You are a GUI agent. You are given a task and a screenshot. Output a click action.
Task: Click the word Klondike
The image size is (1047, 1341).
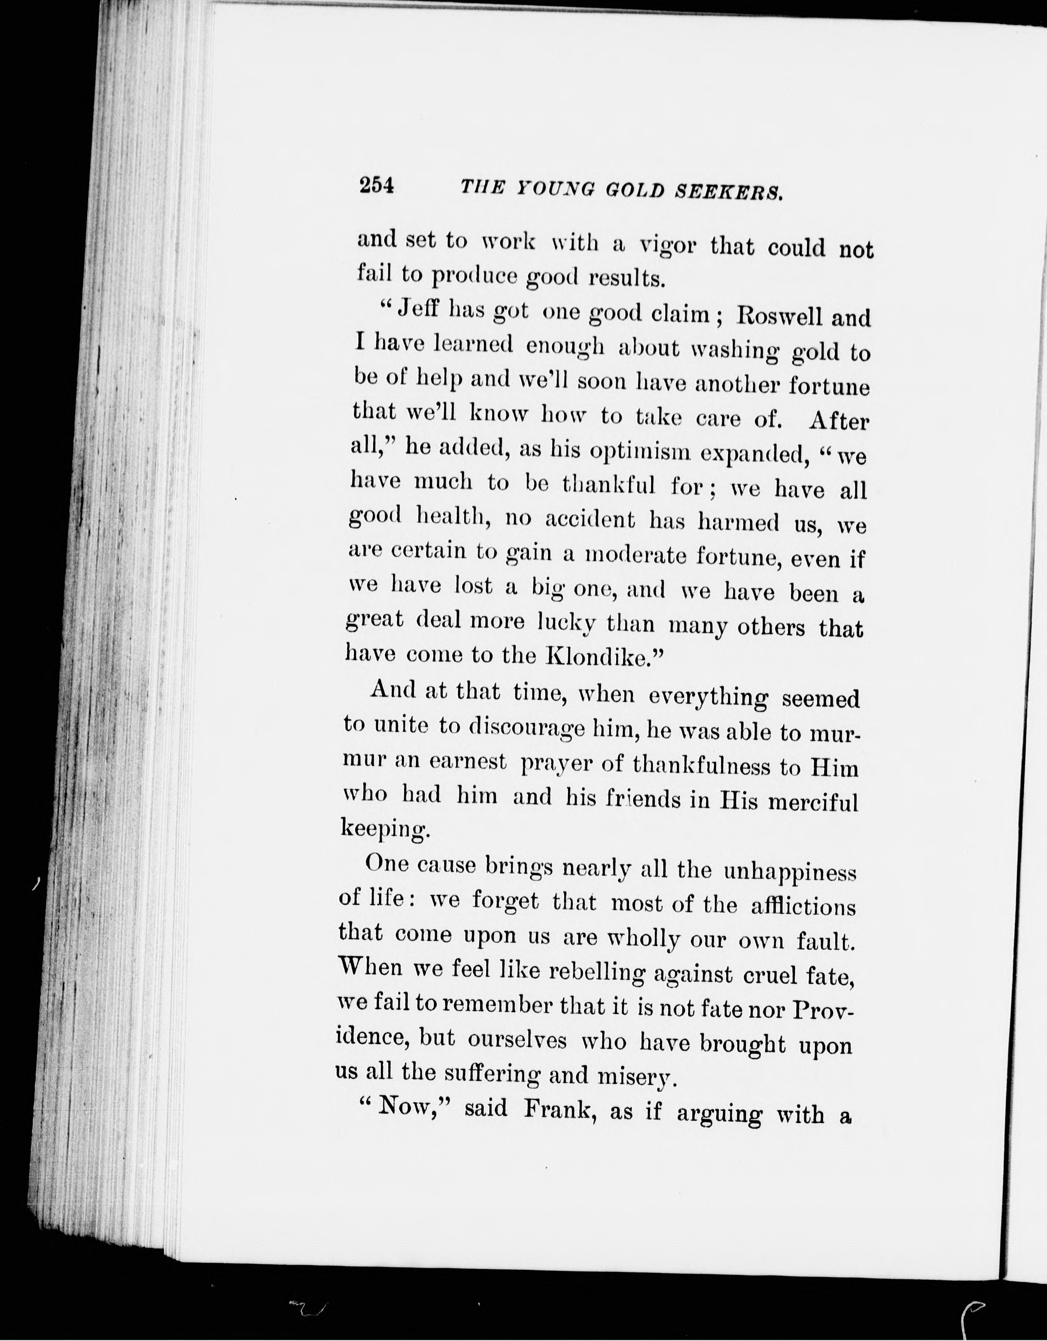click(596, 657)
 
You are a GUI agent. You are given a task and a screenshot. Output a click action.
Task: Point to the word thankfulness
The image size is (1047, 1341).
click(701, 766)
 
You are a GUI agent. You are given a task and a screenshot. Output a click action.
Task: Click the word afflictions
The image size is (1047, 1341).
click(803, 906)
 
